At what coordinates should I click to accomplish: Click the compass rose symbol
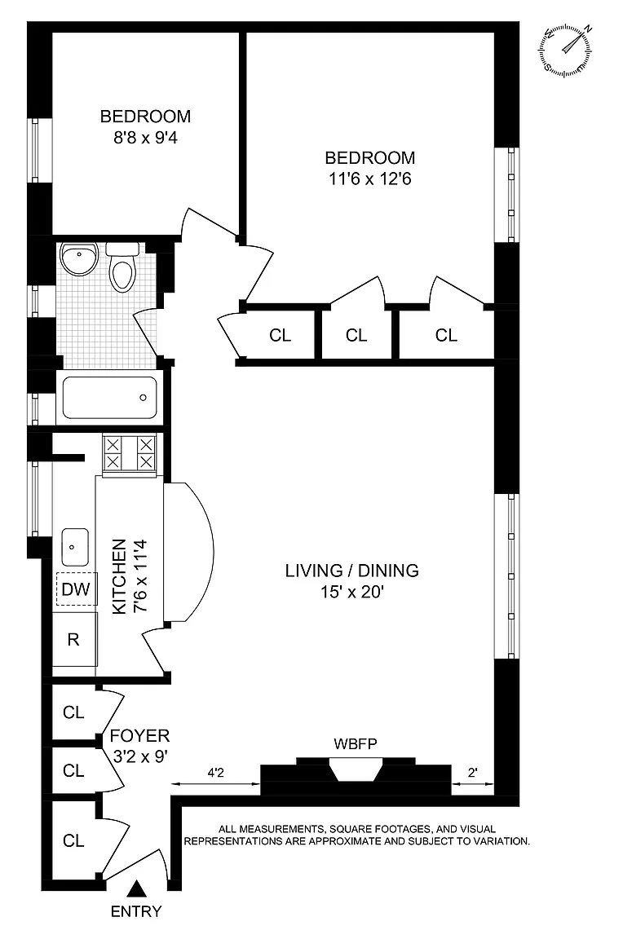[565, 50]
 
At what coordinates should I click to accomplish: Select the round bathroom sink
[78, 258]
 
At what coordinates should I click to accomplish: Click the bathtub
[109, 397]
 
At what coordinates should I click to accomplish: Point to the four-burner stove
[130, 453]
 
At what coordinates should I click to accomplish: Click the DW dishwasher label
[76, 589]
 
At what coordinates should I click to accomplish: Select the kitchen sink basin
[75, 547]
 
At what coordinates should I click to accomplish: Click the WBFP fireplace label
[356, 744]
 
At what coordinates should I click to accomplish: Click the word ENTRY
[136, 911]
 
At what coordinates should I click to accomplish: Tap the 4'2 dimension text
[215, 773]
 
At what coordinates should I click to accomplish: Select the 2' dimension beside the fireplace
[473, 773]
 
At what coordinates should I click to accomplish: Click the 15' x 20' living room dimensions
[351, 593]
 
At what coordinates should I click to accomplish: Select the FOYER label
[139, 735]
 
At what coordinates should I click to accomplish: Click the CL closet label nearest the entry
[73, 841]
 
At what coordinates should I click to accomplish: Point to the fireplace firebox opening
[356, 769]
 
